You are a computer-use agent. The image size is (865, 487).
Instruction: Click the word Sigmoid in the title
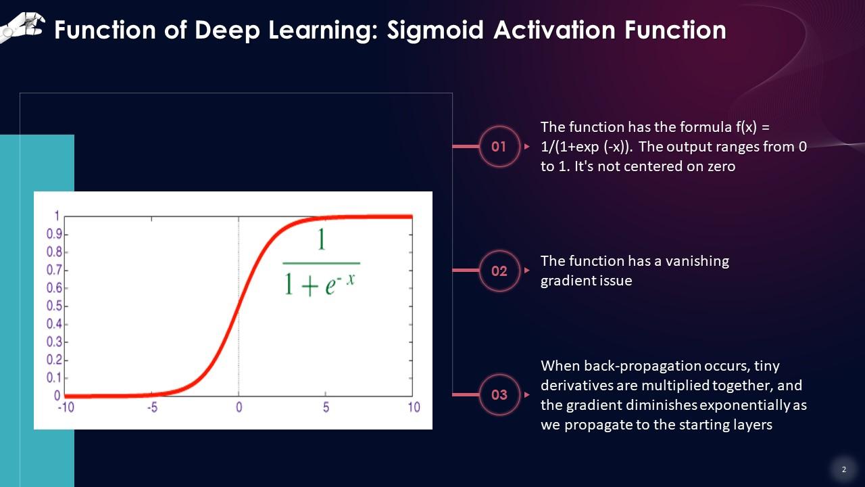[x=435, y=31]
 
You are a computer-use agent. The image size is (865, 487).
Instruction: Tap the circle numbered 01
[x=499, y=147]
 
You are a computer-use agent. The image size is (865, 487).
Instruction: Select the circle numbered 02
[x=499, y=271]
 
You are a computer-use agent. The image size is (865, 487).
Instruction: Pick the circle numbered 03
[x=499, y=394]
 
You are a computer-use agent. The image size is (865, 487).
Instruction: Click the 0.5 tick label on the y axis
[x=54, y=306]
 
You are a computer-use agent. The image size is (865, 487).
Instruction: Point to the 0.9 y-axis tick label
[x=54, y=234]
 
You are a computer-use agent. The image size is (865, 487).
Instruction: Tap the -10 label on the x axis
[x=66, y=407]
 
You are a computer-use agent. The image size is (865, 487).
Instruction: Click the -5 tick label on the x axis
[x=153, y=407]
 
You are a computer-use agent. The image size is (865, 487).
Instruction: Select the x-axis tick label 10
[x=414, y=407]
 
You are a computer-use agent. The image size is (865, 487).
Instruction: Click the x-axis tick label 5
[x=326, y=407]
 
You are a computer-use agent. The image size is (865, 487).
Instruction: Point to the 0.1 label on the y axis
[x=54, y=377]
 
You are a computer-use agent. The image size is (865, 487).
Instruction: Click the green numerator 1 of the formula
[x=321, y=239]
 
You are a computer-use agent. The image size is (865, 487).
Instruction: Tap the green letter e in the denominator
[x=330, y=286]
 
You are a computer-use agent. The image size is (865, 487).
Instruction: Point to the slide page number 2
[x=844, y=469]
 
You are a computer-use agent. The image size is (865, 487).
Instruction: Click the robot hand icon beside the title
[x=22, y=27]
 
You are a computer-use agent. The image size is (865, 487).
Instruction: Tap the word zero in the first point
[x=721, y=166]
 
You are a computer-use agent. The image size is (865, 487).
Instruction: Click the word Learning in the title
[x=323, y=31]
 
